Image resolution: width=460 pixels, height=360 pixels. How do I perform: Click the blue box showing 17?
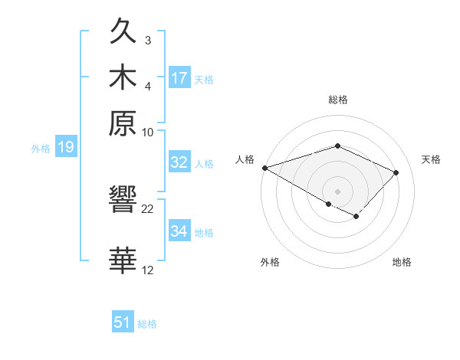coord(179,77)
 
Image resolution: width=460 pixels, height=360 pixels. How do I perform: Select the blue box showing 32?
coord(179,162)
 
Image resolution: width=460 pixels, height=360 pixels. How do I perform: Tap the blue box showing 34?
coord(179,231)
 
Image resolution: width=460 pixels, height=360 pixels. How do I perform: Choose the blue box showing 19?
coord(66,148)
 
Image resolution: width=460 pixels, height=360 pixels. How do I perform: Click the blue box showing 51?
coord(123,322)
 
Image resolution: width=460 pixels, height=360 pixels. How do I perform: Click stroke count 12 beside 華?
coord(148,270)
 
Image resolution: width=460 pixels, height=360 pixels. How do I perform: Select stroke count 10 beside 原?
coord(148,132)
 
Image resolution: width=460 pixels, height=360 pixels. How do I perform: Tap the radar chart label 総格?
coord(337,100)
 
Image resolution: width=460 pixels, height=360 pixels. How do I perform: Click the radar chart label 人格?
coord(245,159)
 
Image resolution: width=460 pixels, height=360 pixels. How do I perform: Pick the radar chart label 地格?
coord(402,262)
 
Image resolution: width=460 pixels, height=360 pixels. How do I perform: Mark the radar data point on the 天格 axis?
coord(396,172)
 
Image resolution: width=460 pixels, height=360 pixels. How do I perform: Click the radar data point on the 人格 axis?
coord(264,167)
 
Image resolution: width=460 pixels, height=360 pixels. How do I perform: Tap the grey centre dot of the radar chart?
coord(337,191)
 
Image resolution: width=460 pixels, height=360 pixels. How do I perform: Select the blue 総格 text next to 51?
coord(147,323)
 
